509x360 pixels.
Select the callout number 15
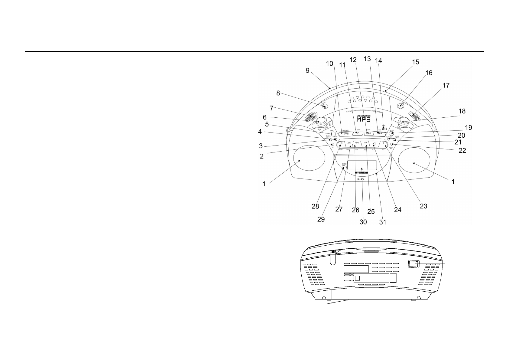coord(415,62)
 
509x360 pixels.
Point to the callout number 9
coord(307,70)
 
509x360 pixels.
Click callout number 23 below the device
coord(423,206)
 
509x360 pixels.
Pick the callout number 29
coord(321,219)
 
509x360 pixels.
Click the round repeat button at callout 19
coord(391,133)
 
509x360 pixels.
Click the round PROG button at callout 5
coord(333,134)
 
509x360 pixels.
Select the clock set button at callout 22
coord(391,144)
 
